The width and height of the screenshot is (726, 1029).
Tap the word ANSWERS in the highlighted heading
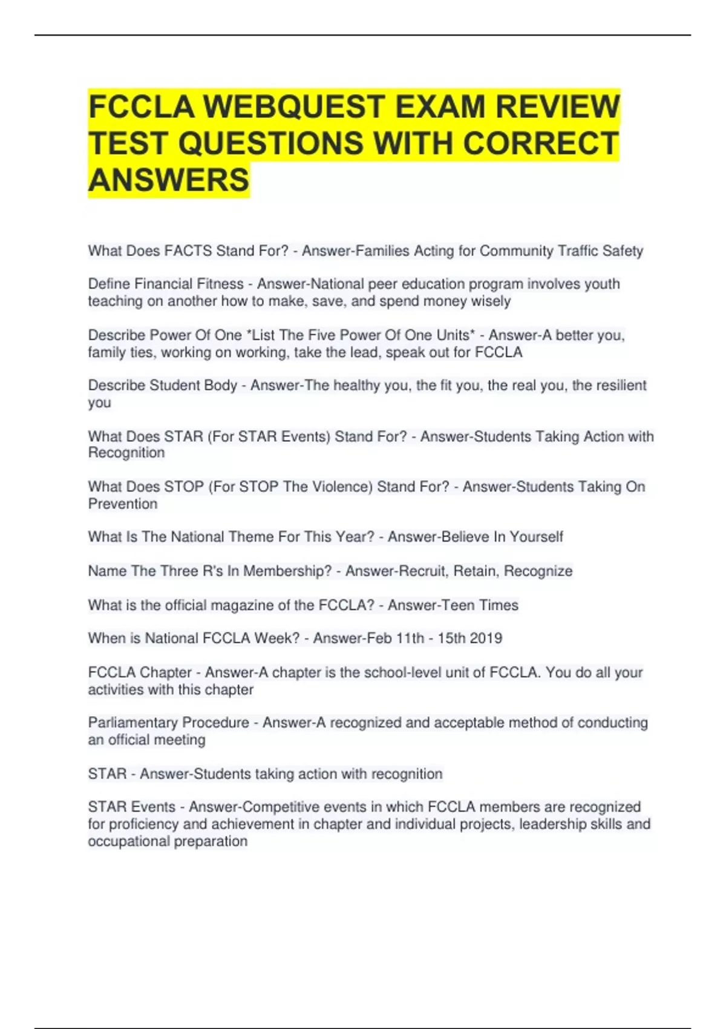(169, 180)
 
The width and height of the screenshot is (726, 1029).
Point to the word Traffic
(578, 251)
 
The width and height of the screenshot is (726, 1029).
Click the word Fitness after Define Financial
(220, 284)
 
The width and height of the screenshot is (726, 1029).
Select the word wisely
(488, 301)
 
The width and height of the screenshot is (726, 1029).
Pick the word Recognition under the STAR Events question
(126, 453)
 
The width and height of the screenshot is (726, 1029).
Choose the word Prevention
(123, 504)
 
